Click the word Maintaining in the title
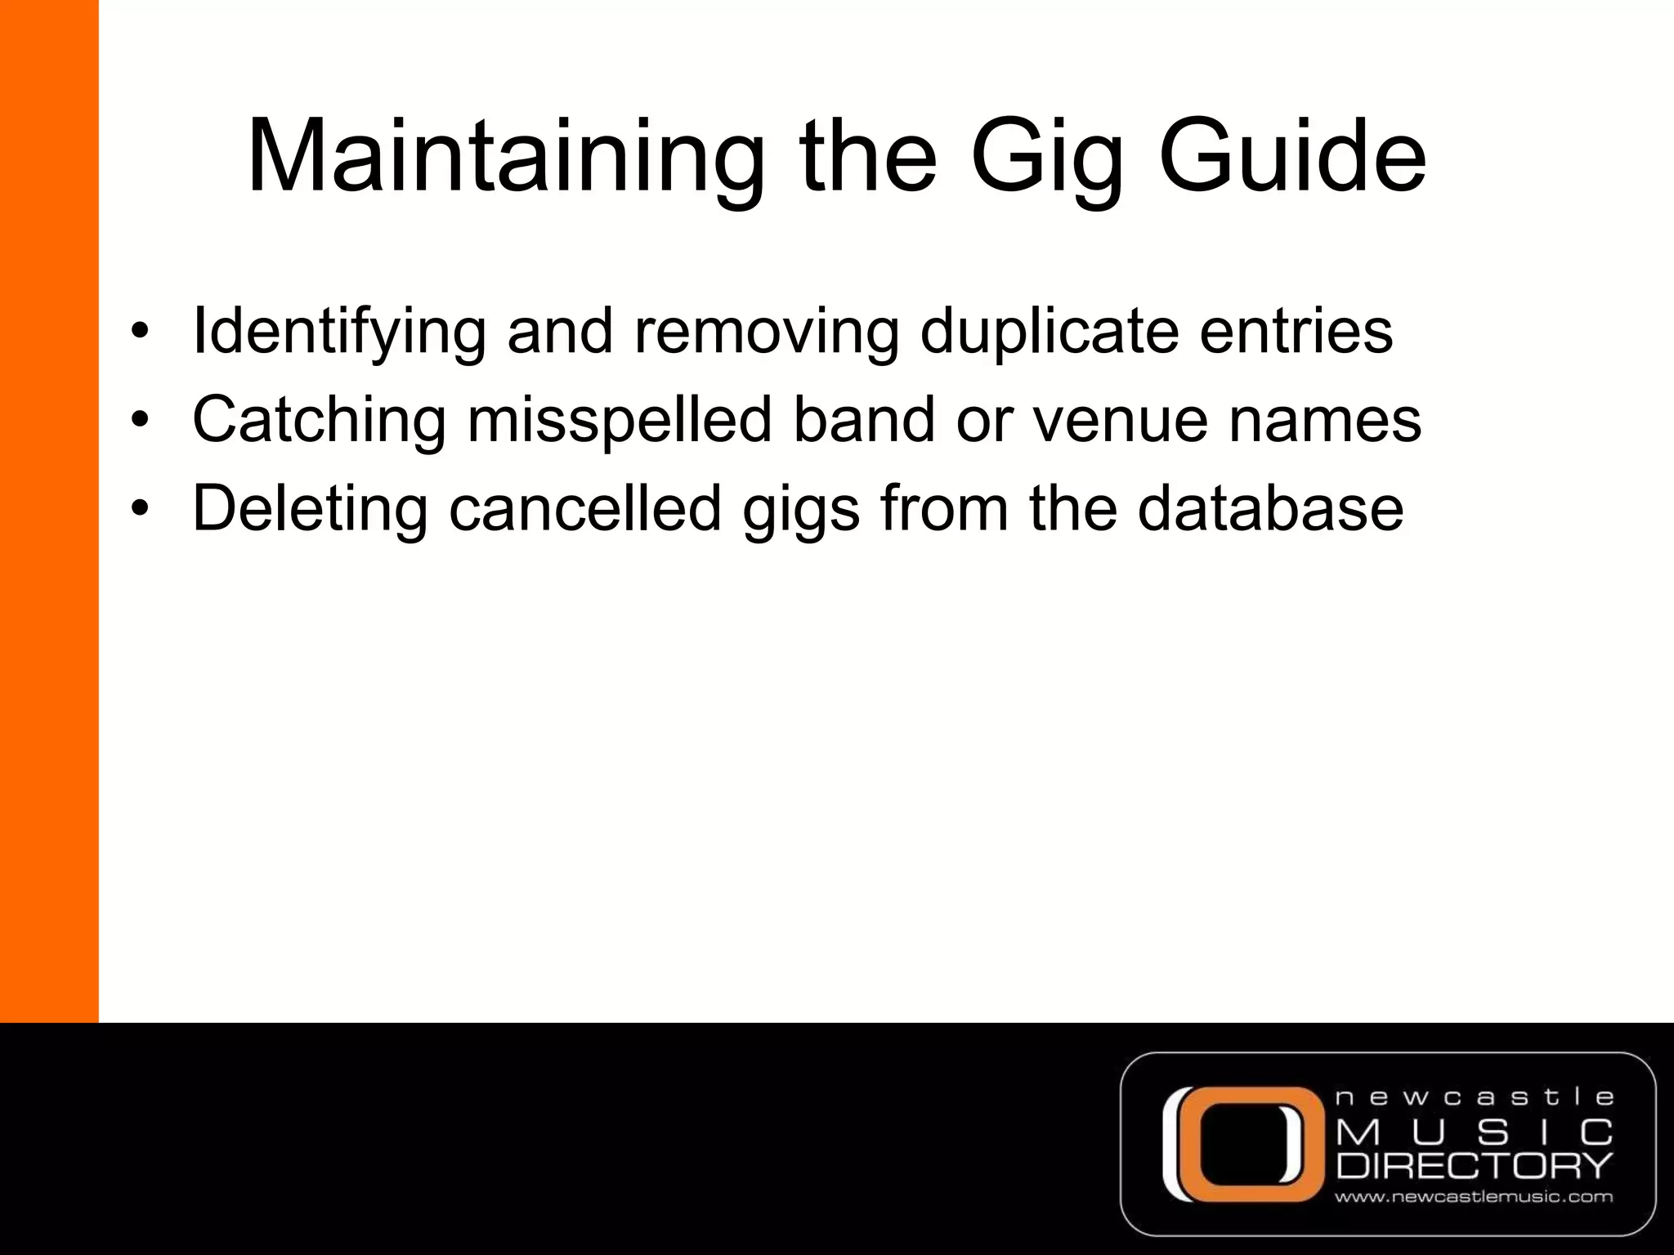click(504, 157)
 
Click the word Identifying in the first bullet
click(338, 333)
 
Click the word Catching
click(319, 421)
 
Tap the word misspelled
click(620, 421)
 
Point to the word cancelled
click(585, 508)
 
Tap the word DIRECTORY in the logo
click(1475, 1165)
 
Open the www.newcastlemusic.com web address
click(1474, 1198)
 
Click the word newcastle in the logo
click(1475, 1097)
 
